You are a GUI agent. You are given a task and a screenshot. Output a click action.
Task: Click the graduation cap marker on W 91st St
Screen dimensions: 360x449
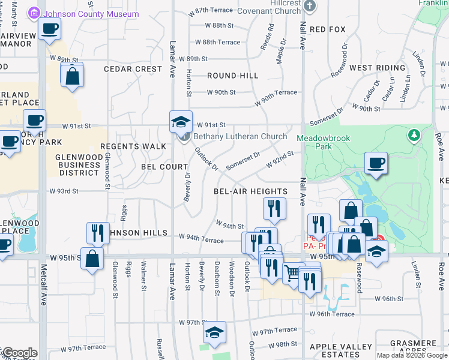click(181, 122)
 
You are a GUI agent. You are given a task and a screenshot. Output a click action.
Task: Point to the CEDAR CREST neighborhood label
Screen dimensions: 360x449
click(133, 69)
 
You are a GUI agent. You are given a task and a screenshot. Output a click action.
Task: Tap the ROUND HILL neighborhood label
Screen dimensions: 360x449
click(233, 76)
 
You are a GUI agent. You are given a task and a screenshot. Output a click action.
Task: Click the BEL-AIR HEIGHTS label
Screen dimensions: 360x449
click(251, 191)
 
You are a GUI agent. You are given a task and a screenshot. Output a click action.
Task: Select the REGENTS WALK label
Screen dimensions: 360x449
click(133, 146)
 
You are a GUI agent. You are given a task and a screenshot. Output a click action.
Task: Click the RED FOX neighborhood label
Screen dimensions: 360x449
click(328, 29)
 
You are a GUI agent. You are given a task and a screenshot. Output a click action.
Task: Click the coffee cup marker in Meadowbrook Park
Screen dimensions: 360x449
click(376, 163)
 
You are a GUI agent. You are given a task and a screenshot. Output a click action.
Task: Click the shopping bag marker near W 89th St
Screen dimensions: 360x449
click(72, 76)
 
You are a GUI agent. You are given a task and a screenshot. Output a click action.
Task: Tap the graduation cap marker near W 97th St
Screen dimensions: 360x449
click(214, 332)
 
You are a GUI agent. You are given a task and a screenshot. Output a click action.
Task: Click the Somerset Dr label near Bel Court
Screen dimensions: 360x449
click(243, 160)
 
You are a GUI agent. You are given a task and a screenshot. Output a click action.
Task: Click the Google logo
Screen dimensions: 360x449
click(19, 353)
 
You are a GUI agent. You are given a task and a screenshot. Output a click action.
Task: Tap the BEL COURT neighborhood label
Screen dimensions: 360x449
click(165, 166)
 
